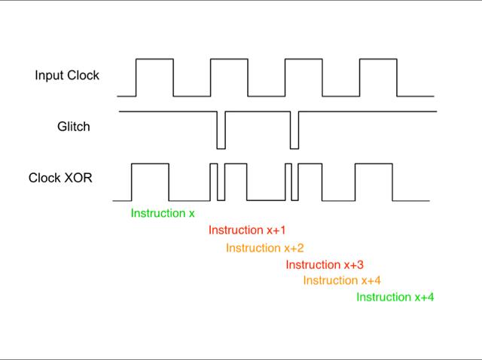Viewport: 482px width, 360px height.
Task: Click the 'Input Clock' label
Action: point(67,75)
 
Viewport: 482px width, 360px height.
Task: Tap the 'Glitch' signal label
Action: point(74,127)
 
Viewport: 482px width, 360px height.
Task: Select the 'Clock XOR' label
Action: point(60,178)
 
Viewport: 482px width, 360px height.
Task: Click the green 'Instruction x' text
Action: point(163,213)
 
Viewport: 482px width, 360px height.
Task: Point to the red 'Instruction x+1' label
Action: point(247,230)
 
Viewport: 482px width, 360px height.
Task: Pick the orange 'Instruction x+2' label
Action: point(264,248)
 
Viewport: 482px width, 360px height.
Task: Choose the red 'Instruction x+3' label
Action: point(325,264)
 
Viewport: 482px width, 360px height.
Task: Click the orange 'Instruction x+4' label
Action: point(342,280)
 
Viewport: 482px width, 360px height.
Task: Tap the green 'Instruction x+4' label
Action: point(395,297)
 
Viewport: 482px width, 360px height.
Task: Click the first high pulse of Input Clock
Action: point(154,59)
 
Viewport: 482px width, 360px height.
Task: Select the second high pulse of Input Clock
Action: point(229,59)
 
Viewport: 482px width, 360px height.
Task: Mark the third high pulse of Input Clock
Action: point(304,59)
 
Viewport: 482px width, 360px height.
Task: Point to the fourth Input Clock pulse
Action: point(378,59)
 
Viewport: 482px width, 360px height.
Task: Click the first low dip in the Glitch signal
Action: point(221,149)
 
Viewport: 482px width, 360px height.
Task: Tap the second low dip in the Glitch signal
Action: point(294,149)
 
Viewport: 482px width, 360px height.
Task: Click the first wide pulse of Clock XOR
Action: point(150,164)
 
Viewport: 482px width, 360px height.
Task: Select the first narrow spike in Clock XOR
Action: point(214,164)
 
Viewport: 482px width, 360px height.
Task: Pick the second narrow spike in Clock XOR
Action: point(288,164)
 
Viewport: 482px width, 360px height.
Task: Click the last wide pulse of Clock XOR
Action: point(374,164)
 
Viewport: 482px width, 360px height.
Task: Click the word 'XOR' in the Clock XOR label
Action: point(78,178)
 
